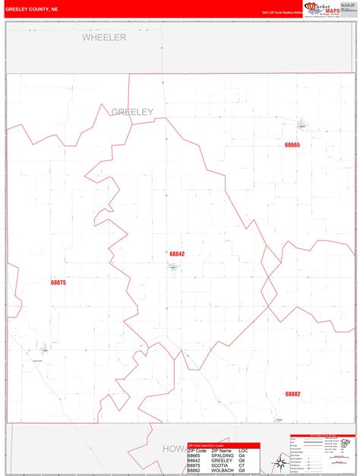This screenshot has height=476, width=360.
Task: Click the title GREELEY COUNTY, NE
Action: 32,10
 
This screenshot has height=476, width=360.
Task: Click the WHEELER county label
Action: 104,37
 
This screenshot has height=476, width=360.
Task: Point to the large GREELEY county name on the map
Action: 132,112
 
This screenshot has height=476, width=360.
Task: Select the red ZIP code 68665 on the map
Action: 292,145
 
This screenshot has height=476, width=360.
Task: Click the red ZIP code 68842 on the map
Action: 177,254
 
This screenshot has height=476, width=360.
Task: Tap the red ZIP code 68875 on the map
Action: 58,282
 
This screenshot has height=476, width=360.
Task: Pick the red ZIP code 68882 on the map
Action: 293,394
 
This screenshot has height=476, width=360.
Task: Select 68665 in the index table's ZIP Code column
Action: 195,456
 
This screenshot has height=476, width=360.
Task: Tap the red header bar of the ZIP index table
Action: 223,446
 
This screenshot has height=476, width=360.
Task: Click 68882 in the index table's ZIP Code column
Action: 195,471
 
